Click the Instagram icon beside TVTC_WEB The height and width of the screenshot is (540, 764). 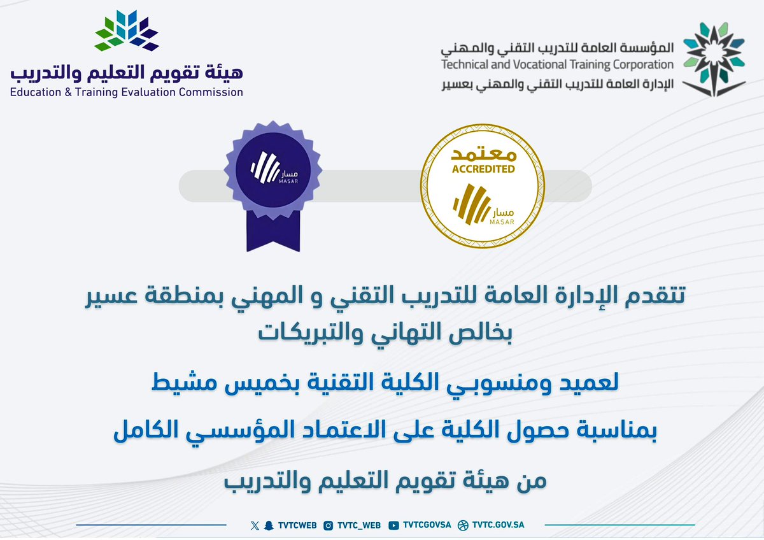click(x=329, y=525)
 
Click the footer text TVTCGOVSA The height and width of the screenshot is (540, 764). click(x=427, y=525)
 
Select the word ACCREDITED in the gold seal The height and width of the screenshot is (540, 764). click(x=483, y=169)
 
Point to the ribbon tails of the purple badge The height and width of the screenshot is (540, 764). click(x=272, y=232)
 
